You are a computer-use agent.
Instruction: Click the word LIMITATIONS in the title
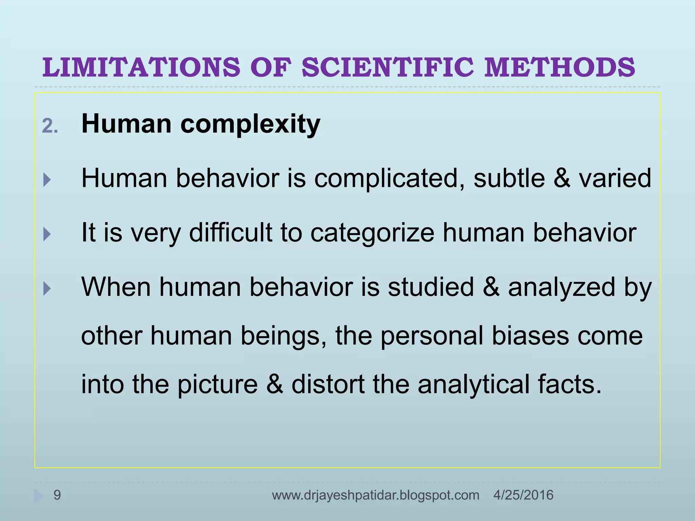tap(141, 67)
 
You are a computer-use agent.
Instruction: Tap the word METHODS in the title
tap(560, 67)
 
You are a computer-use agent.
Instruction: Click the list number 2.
tap(50, 127)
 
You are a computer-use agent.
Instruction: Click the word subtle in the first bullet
tap(509, 178)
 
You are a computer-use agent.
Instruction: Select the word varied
tap(615, 178)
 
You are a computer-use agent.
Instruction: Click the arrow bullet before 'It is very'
tap(47, 234)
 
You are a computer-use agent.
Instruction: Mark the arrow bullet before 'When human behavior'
tap(47, 289)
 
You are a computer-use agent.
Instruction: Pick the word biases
tap(530, 336)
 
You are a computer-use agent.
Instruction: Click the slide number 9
tap(57, 495)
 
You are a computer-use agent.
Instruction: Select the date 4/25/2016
tap(523, 495)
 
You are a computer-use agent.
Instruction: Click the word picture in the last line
tap(218, 385)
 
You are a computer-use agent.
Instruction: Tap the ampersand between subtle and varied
tap(562, 178)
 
